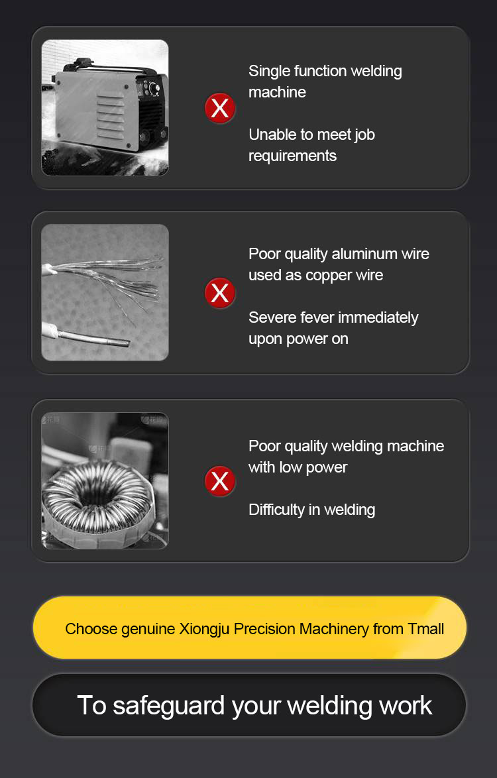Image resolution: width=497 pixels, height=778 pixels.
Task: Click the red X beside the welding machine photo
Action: (220, 107)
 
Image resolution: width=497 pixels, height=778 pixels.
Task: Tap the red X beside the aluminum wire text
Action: (220, 293)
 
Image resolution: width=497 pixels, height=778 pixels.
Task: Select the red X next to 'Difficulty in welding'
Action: (220, 481)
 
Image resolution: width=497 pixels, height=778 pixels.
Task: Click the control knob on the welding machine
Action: (154, 89)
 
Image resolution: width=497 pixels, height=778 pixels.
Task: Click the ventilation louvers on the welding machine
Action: (110, 116)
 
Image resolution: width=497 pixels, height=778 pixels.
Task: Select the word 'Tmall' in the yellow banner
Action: (425, 629)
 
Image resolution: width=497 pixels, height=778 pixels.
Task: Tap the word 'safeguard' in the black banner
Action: (168, 706)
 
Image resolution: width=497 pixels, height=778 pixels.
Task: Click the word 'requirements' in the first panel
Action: (293, 156)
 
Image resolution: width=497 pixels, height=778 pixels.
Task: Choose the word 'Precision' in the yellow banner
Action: (264, 629)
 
